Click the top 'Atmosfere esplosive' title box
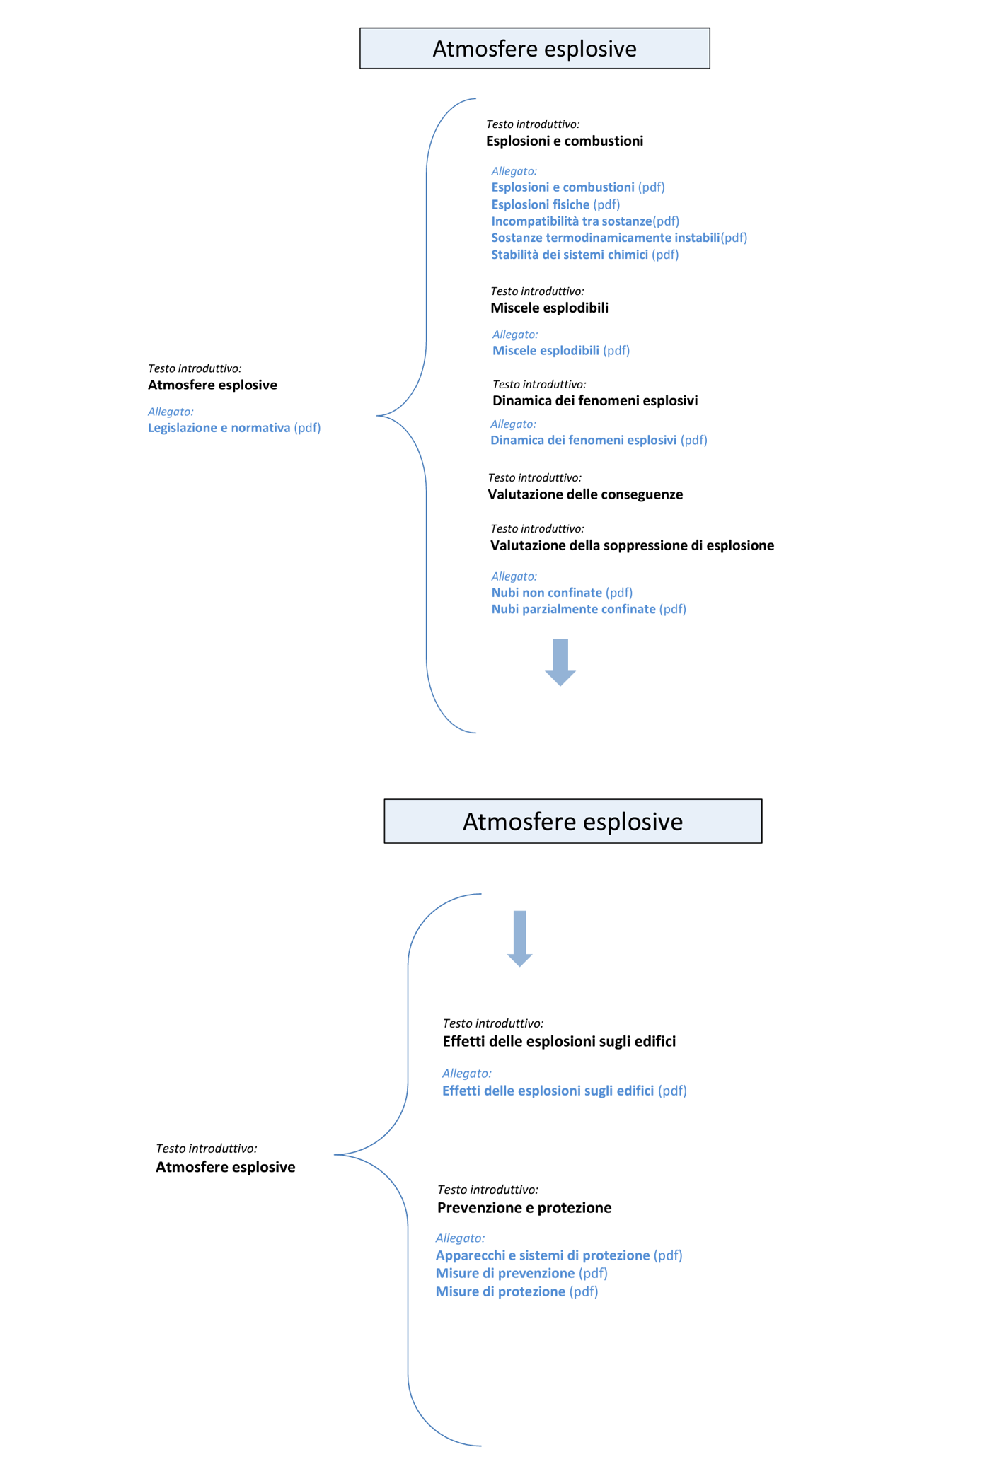coord(534,48)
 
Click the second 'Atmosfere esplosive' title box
coord(572,821)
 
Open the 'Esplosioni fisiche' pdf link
coord(541,204)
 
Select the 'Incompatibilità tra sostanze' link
coord(571,221)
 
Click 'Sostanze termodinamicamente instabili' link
coord(605,238)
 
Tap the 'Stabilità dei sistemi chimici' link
coord(570,255)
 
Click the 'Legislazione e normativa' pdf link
coord(219,428)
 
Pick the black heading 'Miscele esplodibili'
coord(549,308)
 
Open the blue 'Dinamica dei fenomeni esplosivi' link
coord(584,440)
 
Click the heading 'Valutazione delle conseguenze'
coord(585,494)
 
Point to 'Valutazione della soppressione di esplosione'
coord(632,545)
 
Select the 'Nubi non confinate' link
coord(546,593)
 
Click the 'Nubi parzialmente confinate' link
coord(573,609)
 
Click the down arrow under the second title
coord(519,939)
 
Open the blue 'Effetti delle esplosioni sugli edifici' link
coord(548,1091)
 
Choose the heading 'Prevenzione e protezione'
coord(524,1207)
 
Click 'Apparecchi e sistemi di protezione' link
coord(543,1255)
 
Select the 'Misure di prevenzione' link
coord(505,1273)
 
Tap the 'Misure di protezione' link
coord(500,1291)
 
